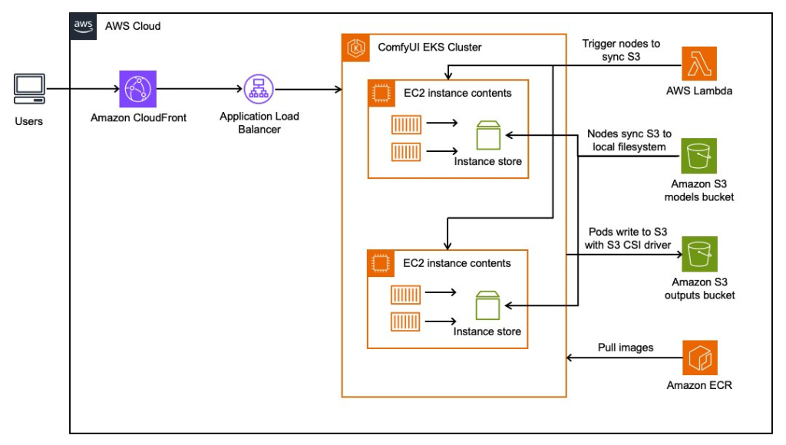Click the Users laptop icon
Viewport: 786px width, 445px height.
(x=29, y=89)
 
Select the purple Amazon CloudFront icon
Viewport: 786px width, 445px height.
(x=137, y=89)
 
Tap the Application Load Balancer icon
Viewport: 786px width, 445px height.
(x=259, y=90)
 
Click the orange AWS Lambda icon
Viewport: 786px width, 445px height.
(x=699, y=64)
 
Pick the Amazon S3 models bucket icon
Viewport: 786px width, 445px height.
(x=699, y=157)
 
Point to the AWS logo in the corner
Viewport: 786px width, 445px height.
(x=83, y=25)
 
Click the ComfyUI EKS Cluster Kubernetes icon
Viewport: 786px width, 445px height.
(x=356, y=48)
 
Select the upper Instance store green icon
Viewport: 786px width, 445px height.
(x=487, y=137)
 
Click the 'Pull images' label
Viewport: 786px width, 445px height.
(x=626, y=348)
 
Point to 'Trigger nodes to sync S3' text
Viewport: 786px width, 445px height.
(x=621, y=51)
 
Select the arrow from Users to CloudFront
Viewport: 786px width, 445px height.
(x=81, y=89)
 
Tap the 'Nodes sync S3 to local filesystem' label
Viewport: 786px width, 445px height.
(x=629, y=140)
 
